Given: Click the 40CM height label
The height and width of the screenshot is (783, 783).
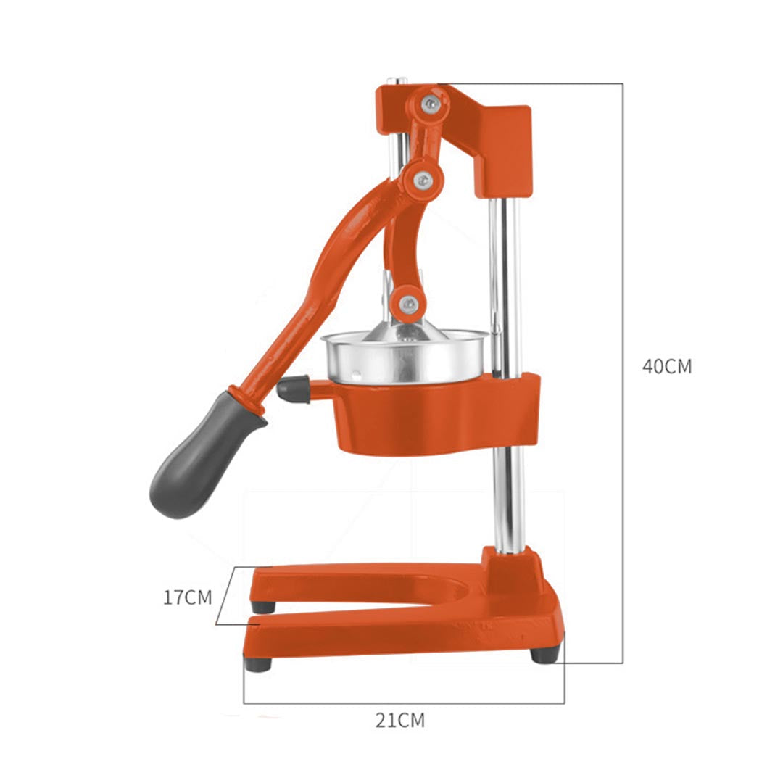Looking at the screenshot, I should pos(666,367).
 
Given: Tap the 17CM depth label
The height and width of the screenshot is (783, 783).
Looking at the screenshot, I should pos(187,597).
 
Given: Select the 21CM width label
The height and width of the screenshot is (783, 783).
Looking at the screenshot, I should pos(399,720).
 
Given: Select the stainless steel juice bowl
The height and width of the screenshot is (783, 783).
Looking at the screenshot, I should pos(406,359).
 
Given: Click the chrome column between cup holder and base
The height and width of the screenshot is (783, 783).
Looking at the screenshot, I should pos(507,500).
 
